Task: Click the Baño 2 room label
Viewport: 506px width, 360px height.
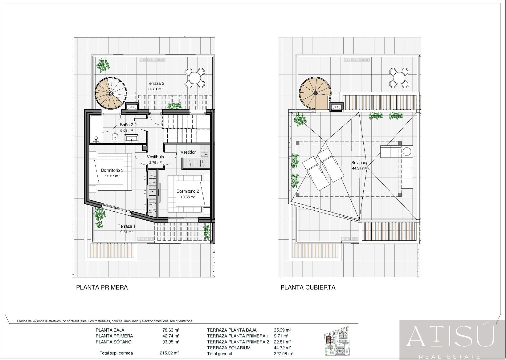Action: click(x=126, y=125)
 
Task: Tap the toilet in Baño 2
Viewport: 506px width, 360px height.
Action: click(x=115, y=137)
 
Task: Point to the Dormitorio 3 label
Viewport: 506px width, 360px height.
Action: click(x=112, y=170)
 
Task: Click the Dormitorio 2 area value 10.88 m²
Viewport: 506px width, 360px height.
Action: click(x=188, y=197)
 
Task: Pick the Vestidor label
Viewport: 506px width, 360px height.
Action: click(x=188, y=152)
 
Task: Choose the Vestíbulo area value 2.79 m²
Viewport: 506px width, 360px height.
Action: click(x=155, y=163)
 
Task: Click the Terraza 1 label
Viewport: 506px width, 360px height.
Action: click(x=126, y=226)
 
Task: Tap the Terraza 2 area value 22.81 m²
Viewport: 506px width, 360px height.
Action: click(x=155, y=89)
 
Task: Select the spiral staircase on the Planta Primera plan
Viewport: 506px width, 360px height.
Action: click(x=111, y=93)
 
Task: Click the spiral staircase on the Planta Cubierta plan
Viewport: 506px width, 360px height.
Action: click(x=315, y=93)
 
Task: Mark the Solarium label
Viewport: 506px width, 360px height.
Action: click(x=359, y=163)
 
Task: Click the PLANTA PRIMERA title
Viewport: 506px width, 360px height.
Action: click(x=102, y=287)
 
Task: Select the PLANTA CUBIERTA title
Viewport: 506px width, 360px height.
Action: click(x=308, y=287)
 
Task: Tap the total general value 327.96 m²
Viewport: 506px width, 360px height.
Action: click(x=284, y=354)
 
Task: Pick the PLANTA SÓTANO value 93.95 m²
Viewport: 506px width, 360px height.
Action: click(x=171, y=342)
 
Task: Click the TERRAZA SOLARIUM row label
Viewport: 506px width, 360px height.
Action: click(x=229, y=348)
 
